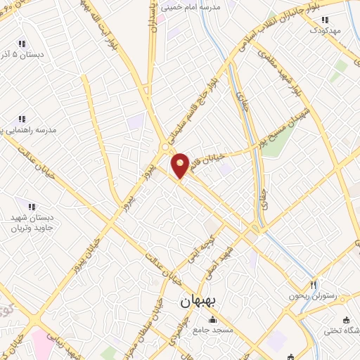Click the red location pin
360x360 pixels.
[x=181, y=165]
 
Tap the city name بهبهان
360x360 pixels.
[x=191, y=302]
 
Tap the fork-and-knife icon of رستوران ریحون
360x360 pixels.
[x=314, y=285]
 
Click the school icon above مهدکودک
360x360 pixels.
[x=325, y=20]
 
